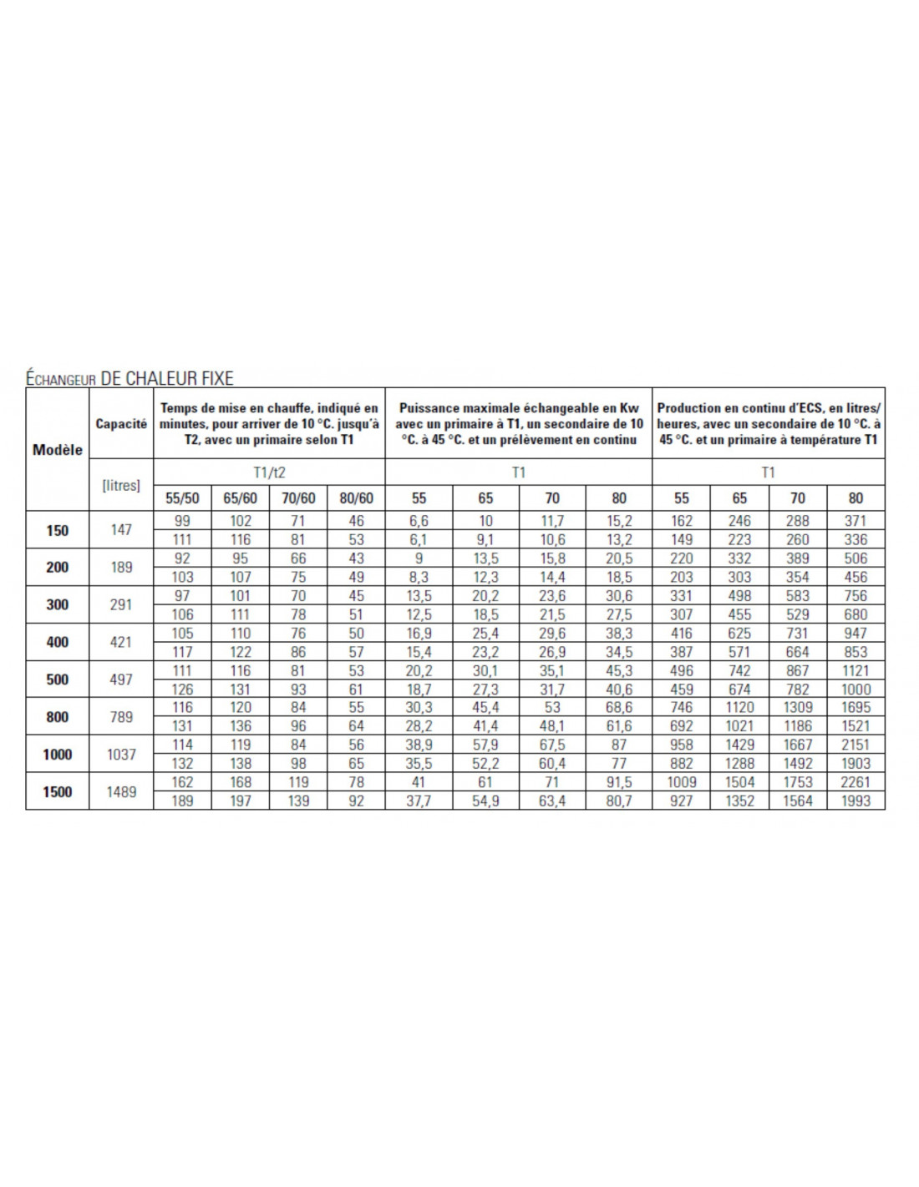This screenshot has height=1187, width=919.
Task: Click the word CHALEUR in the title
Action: tap(164, 378)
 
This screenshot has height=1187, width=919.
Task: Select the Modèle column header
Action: tap(58, 449)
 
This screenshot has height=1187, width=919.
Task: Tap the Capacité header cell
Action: tap(121, 423)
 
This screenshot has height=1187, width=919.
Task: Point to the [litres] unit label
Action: tap(121, 485)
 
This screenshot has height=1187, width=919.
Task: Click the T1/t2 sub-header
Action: tap(269, 472)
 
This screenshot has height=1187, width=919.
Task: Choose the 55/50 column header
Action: tap(182, 498)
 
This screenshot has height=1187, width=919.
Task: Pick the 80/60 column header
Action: tap(356, 498)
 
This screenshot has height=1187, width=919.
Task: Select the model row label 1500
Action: tap(58, 791)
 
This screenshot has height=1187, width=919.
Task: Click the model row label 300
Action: tap(58, 604)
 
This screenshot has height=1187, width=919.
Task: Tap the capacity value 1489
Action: tap(121, 791)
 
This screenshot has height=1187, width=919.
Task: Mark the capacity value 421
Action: tap(121, 642)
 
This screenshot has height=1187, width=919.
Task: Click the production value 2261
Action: tap(856, 782)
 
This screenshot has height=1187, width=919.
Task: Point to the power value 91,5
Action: tap(619, 782)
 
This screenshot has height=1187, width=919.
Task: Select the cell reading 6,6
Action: tap(419, 521)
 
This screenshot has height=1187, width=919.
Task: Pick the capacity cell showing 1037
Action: tap(121, 754)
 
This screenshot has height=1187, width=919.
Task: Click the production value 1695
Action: tap(856, 707)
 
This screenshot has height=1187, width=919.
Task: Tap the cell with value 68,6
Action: tap(619, 707)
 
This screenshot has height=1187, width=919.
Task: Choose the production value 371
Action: tap(856, 521)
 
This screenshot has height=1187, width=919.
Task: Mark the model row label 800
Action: tap(58, 716)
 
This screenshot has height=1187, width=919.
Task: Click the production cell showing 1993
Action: tap(856, 801)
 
